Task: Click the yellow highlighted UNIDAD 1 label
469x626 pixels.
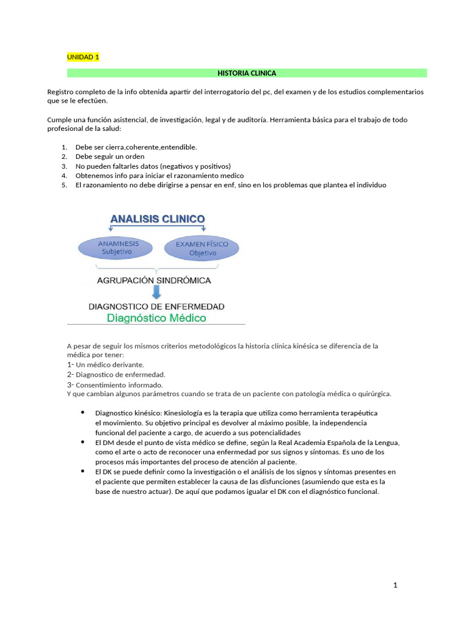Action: click(x=82, y=57)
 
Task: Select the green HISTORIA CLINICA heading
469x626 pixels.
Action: click(x=247, y=73)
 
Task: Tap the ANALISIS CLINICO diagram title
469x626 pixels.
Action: click(x=157, y=219)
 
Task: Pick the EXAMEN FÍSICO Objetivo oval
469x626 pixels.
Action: click(x=202, y=248)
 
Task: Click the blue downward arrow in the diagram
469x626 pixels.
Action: click(x=156, y=293)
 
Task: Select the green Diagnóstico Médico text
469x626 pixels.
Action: click(x=156, y=318)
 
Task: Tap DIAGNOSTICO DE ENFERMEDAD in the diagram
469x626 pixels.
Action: click(x=156, y=306)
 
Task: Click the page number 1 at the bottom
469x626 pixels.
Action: click(x=395, y=585)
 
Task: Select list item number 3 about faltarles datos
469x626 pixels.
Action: click(x=153, y=166)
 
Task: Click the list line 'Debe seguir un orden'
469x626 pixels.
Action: click(x=110, y=156)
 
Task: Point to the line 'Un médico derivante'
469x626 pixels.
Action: click(x=110, y=364)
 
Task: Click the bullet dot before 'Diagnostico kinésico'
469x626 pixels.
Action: click(x=82, y=413)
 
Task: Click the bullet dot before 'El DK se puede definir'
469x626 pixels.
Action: click(x=82, y=471)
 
